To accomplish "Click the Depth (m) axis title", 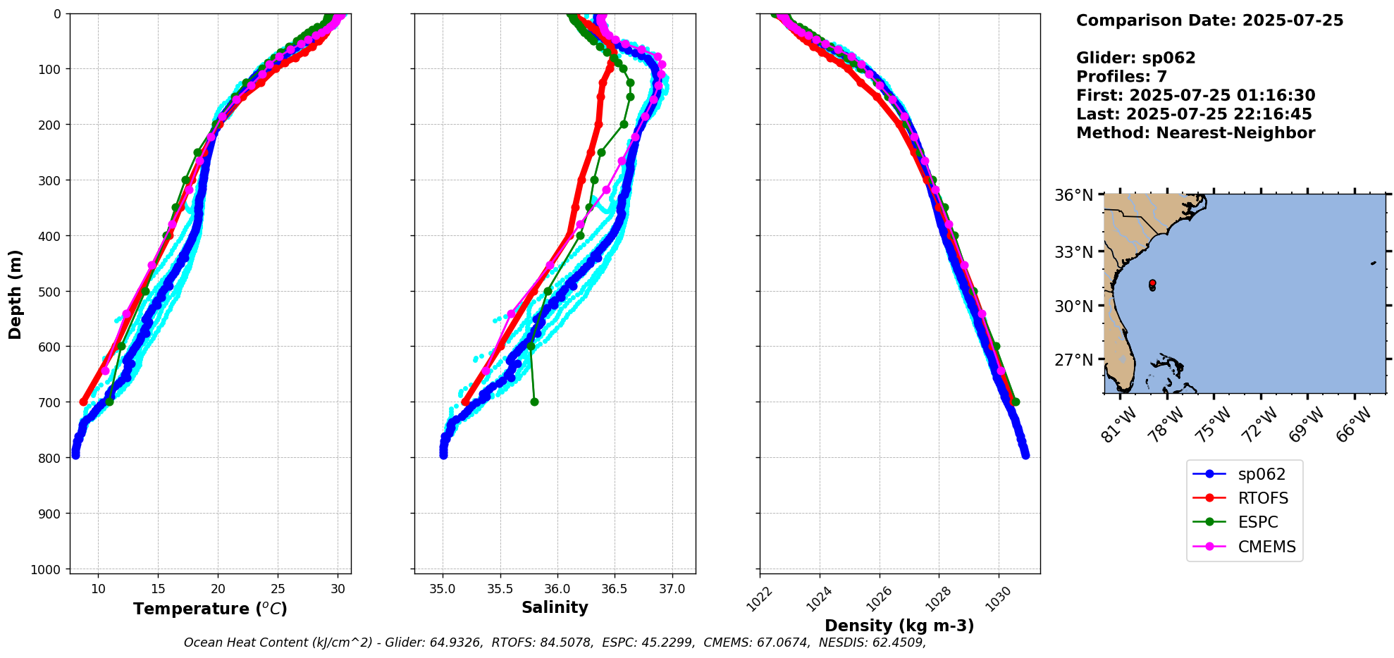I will [x=16, y=294].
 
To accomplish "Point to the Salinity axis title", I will [x=555, y=607].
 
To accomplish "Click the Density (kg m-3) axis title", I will [x=899, y=626].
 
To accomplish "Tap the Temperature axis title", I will [x=210, y=609].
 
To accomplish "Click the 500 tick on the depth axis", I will [x=51, y=291].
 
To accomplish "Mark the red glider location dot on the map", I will [x=1152, y=283].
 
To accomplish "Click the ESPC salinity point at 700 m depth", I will [x=534, y=402].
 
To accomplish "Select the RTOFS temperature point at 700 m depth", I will [x=83, y=402].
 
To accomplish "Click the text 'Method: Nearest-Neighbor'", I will [x=1195, y=133].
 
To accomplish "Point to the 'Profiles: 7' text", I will [x=1121, y=77].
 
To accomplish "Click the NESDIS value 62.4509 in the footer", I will [x=899, y=643].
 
